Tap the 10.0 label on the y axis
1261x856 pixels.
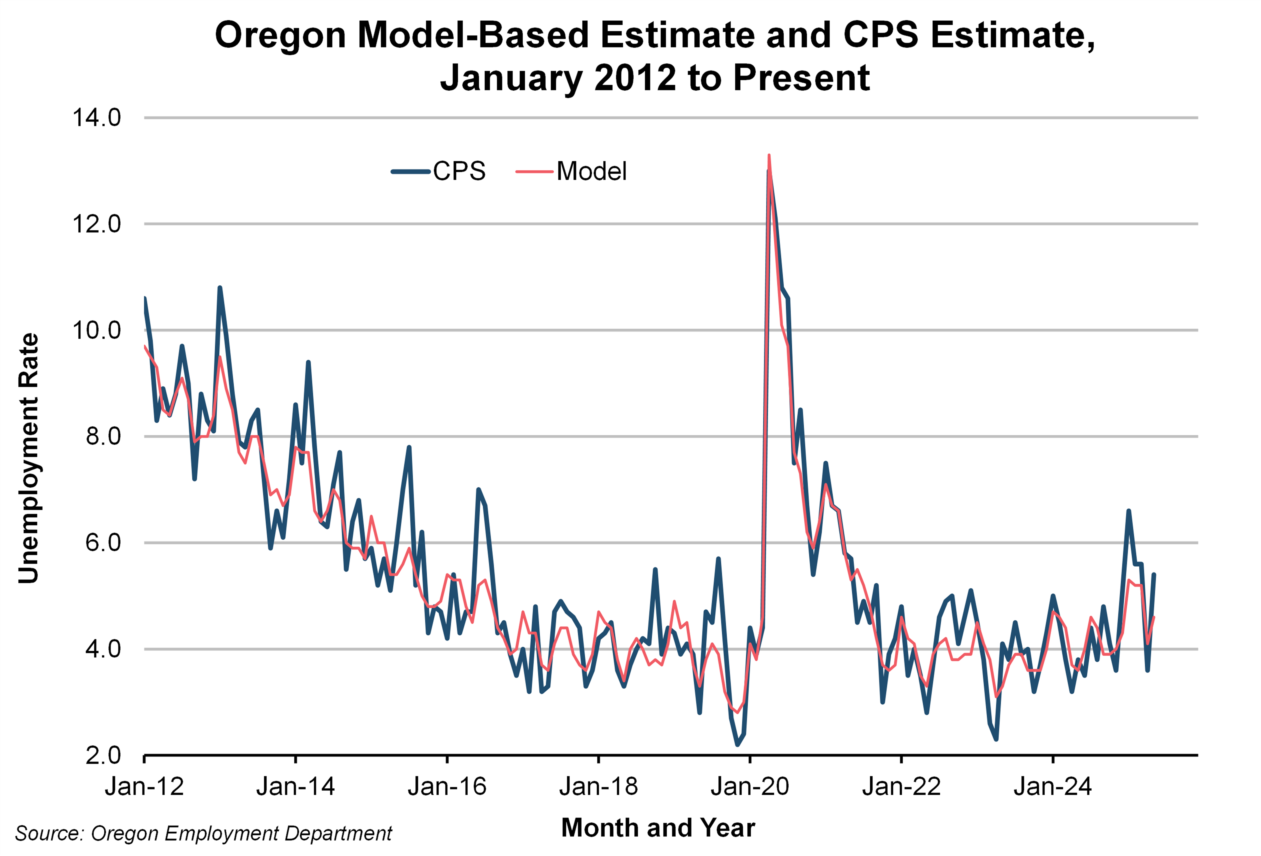click(x=97, y=330)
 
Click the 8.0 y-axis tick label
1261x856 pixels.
click(x=103, y=436)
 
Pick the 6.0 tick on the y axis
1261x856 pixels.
click(x=103, y=542)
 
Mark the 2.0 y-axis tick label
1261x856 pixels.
click(x=103, y=755)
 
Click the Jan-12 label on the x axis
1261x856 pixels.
click(x=144, y=787)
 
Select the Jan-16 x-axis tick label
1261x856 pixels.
click(x=447, y=787)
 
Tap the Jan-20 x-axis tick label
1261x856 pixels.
click(x=750, y=787)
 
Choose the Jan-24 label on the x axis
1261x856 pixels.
click(x=1053, y=787)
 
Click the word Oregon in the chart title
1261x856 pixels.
click(x=280, y=35)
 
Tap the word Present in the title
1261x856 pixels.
click(x=801, y=77)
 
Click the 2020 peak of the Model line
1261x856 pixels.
click(x=769, y=156)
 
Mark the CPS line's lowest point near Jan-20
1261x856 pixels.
click(x=737, y=744)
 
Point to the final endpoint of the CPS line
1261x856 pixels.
click(x=1153, y=574)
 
